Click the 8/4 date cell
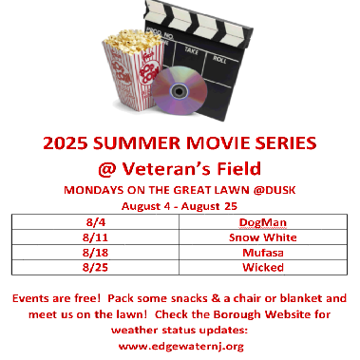pyautogui.click(x=88, y=222)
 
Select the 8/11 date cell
pyautogui.click(x=88, y=237)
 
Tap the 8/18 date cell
pyautogui.click(x=88, y=252)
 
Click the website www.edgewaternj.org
pyautogui.click(x=179, y=346)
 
